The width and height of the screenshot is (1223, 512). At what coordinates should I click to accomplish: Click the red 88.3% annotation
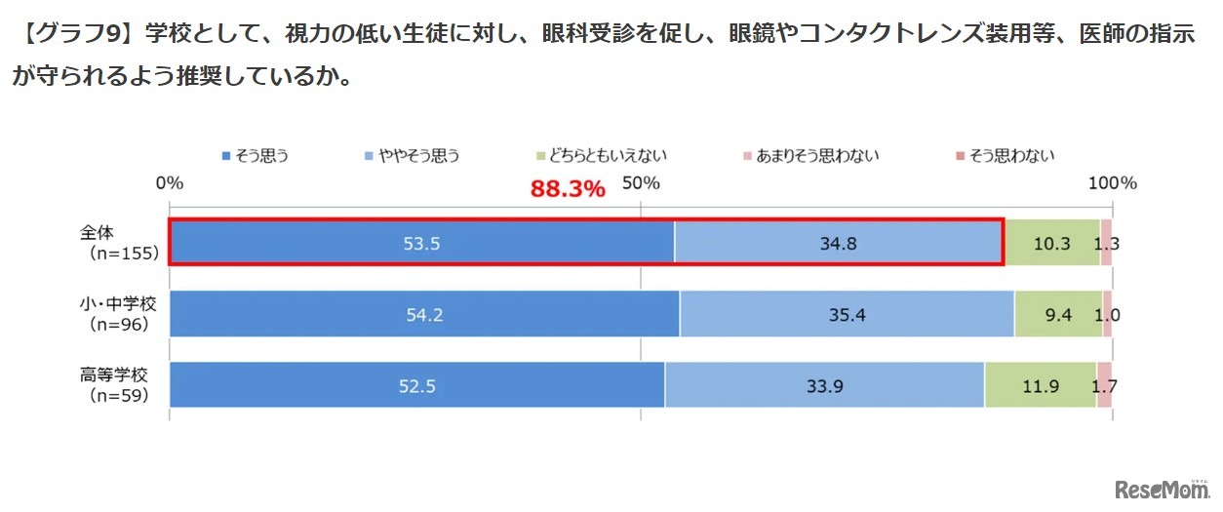point(568,189)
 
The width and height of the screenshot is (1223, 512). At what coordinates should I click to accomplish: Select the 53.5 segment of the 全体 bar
point(421,243)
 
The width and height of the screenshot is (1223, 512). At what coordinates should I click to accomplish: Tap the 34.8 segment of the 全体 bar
point(838,243)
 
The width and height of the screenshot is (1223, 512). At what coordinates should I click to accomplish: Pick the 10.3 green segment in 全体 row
point(1052,243)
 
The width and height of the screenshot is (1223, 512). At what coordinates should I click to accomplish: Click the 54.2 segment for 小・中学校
point(424,314)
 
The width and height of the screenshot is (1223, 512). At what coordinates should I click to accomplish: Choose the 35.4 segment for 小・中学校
point(847,314)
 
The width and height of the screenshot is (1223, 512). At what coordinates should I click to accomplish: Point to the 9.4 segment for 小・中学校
point(1058,314)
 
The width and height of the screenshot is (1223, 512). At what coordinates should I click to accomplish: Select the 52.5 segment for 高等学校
point(417,385)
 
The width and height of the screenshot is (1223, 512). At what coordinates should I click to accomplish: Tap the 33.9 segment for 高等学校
point(824,385)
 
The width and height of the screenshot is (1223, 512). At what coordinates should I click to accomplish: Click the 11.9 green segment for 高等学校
point(1040,385)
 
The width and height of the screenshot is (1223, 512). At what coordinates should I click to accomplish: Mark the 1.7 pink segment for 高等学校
point(1104,385)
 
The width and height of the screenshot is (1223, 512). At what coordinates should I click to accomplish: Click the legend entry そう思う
point(256,155)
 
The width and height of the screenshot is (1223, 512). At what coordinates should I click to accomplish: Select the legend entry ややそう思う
point(414,155)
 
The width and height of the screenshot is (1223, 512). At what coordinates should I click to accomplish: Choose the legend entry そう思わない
point(1006,155)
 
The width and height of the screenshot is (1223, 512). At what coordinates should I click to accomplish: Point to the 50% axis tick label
point(641,183)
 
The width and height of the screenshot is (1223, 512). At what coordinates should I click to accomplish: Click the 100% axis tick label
point(1113,183)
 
